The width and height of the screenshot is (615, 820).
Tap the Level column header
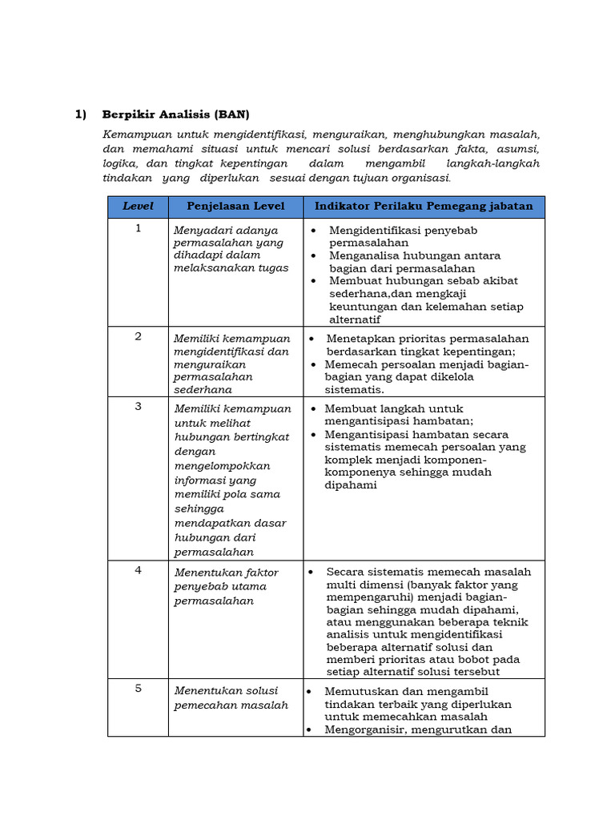pyautogui.click(x=138, y=207)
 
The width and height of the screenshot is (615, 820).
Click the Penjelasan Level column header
pyautogui.click(x=235, y=207)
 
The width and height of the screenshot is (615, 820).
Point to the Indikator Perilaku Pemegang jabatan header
pyautogui.click(x=424, y=207)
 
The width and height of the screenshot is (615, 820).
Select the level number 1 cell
pyautogui.click(x=138, y=228)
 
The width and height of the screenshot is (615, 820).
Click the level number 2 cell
pyautogui.click(x=138, y=336)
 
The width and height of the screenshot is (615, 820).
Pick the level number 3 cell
pyautogui.click(x=138, y=406)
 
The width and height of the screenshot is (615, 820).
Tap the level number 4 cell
pyautogui.click(x=138, y=570)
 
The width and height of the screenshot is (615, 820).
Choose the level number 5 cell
pyautogui.click(x=138, y=688)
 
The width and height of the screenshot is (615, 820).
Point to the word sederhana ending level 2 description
pyautogui.click(x=203, y=390)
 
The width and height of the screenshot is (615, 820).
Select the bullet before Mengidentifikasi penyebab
pyautogui.click(x=314, y=231)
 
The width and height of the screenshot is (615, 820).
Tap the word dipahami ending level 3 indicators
pyautogui.click(x=351, y=485)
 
